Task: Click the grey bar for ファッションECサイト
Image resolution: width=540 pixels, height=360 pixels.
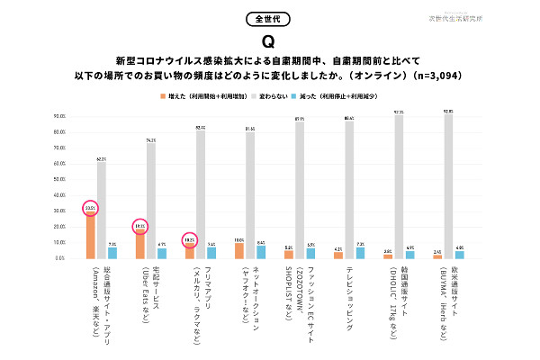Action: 299,190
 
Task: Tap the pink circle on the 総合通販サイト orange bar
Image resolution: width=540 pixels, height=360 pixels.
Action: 90,209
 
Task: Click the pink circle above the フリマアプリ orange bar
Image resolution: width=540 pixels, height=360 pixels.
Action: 189,240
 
